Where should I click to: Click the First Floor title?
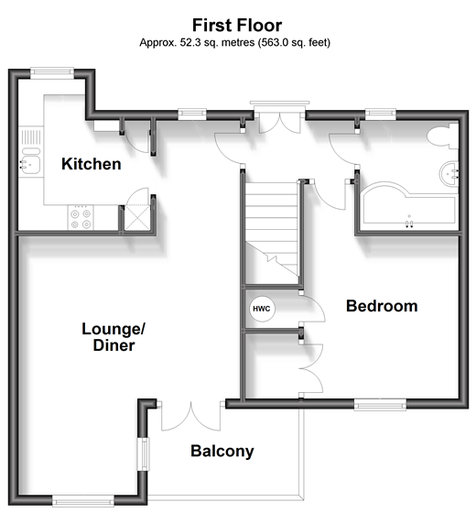point(237,26)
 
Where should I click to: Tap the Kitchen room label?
point(92,164)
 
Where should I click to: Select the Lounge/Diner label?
point(114,337)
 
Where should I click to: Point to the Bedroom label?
point(382,306)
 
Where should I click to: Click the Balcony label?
point(222,451)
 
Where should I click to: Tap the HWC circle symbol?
point(262,309)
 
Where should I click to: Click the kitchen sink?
point(29,163)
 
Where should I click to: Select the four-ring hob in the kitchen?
point(81,218)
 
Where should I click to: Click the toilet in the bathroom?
point(442,137)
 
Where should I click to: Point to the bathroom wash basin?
point(449,174)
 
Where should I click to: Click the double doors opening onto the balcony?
point(191,416)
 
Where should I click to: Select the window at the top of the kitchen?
point(52,72)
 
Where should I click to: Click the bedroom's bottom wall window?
point(380,404)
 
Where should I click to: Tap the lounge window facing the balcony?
point(143,454)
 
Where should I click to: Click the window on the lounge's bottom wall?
point(83,501)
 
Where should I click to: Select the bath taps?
point(409,224)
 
